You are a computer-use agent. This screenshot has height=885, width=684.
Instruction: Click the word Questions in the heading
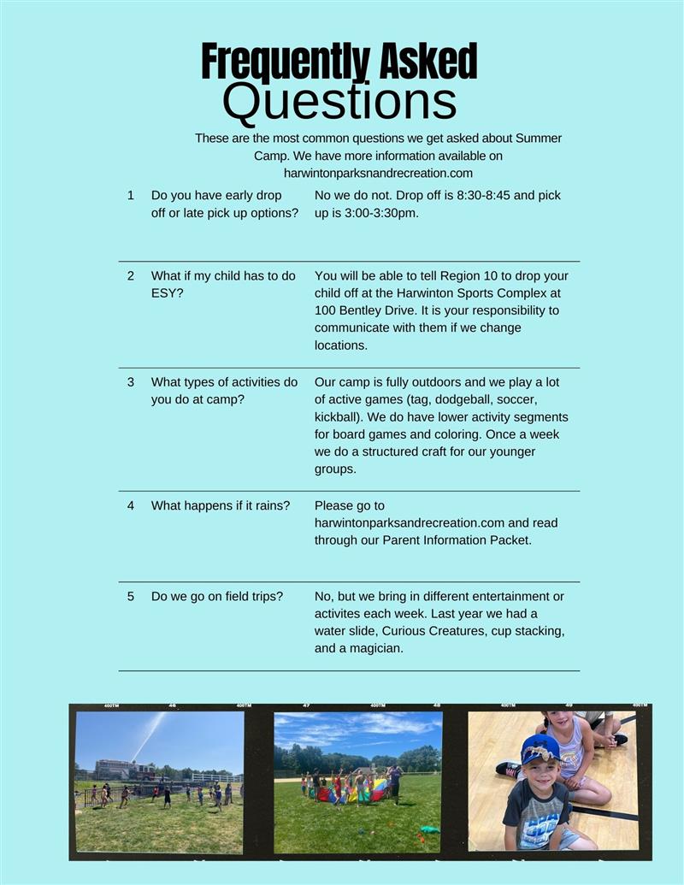pyautogui.click(x=339, y=101)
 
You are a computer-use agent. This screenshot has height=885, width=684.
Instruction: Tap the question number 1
pyautogui.click(x=131, y=195)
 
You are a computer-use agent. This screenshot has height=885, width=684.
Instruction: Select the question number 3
pyautogui.click(x=131, y=382)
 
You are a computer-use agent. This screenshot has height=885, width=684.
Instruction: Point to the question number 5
pyautogui.click(x=131, y=596)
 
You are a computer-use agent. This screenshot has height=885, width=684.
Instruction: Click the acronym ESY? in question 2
pyautogui.click(x=168, y=293)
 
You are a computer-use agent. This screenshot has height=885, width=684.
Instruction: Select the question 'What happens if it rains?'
pyautogui.click(x=221, y=505)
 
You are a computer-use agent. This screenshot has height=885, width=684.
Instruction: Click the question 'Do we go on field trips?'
pyautogui.click(x=217, y=596)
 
